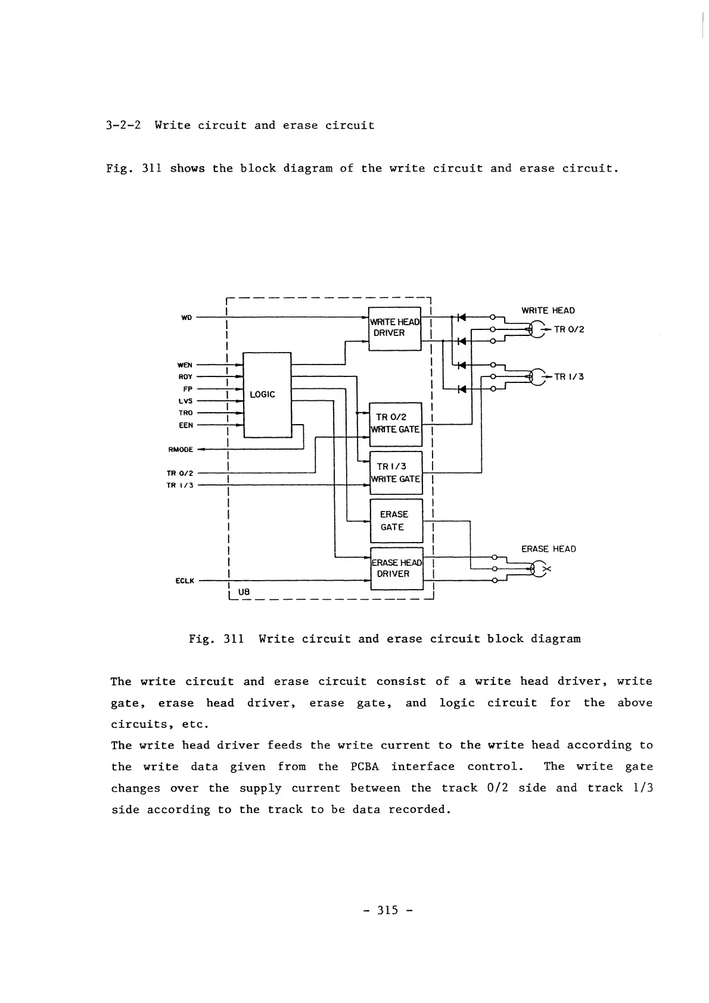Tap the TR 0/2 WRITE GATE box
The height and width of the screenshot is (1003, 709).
(396, 423)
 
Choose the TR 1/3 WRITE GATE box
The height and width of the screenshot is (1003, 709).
(396, 473)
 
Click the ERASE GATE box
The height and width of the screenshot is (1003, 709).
(396, 521)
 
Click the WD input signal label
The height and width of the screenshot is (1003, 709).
(186, 317)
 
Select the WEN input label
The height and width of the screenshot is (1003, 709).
(185, 365)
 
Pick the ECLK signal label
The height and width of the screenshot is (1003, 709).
(185, 581)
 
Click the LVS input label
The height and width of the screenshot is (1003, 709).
(185, 401)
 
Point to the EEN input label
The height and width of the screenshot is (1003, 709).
(185, 425)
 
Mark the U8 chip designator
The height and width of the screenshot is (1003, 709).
(244, 592)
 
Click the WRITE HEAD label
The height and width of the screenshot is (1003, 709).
(548, 310)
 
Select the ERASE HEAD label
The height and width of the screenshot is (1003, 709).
(548, 549)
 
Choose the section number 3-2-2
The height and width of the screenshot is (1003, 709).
(123, 126)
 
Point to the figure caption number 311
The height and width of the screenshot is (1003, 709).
(233, 639)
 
